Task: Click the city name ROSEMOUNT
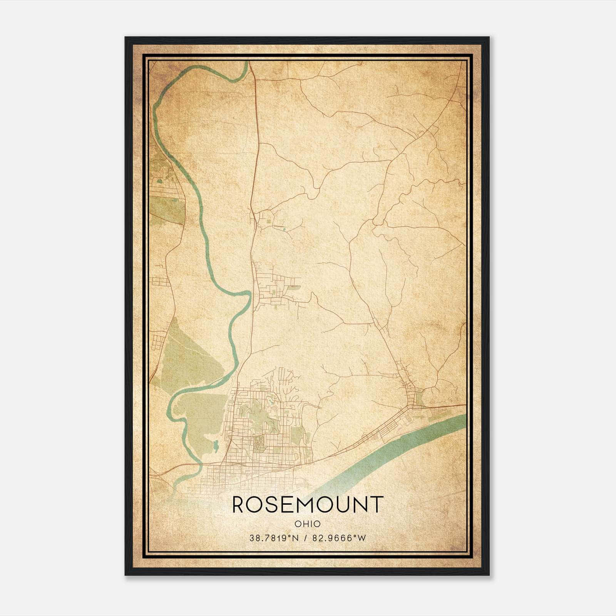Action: coord(308,504)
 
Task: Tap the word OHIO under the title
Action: coord(308,524)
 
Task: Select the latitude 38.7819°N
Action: coord(274,538)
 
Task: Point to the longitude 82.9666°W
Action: coord(339,538)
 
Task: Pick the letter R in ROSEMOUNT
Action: coord(239,504)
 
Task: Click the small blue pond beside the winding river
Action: coord(214,447)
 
